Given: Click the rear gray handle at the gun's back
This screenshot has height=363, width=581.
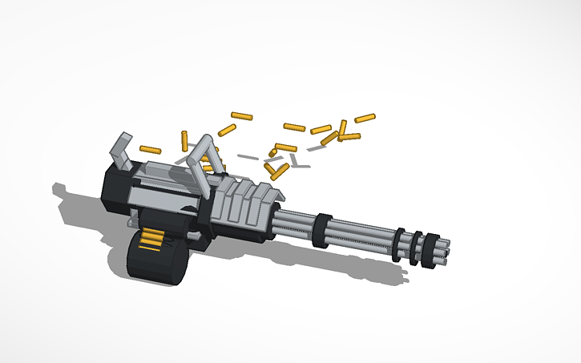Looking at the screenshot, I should (x=121, y=149).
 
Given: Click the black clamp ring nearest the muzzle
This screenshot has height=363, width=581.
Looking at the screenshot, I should (x=433, y=249).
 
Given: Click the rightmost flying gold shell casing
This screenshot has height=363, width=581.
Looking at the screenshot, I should (x=365, y=119).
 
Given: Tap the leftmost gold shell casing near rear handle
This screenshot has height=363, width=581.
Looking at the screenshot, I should (x=150, y=150).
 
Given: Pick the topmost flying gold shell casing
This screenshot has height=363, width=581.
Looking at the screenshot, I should (x=241, y=116).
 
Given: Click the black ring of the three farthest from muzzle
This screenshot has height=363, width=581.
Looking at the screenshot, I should (x=399, y=244).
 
